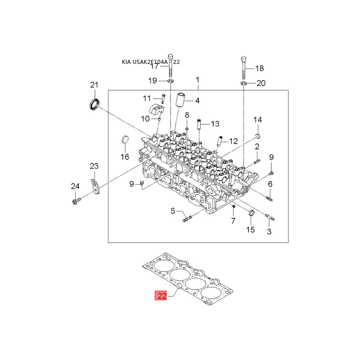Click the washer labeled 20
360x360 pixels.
[243, 83]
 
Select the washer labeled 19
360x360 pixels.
[171, 81]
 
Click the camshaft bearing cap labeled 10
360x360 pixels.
[156, 110]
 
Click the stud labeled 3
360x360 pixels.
[270, 219]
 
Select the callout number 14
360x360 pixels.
[257, 120]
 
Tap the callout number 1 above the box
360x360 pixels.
[197, 80]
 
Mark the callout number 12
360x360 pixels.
[233, 141]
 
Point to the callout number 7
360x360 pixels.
[233, 220]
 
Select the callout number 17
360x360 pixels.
[154, 66]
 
